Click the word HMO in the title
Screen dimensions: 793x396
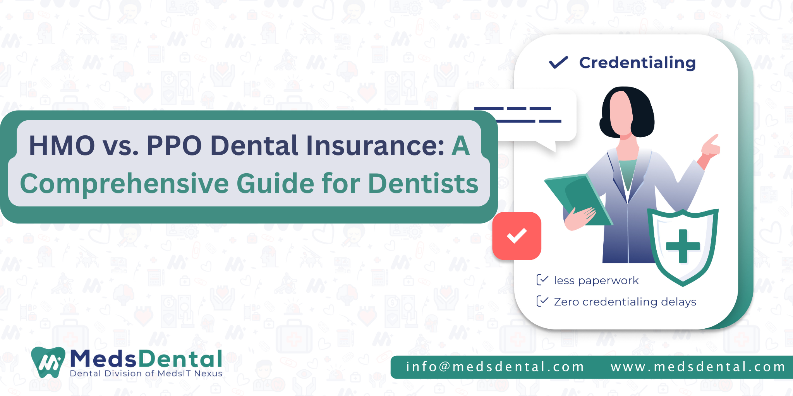[x=62, y=146]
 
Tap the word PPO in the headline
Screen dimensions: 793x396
[x=174, y=146]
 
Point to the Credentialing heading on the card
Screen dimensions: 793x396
[x=637, y=63]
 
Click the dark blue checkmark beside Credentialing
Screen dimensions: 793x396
[x=558, y=62]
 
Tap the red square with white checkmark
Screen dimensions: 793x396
[x=517, y=236]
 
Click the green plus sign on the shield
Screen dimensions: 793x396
[x=683, y=246]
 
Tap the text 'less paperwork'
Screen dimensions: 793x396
[x=596, y=280]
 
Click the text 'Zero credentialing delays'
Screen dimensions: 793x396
[x=625, y=302]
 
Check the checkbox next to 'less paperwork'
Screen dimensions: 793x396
[x=542, y=280]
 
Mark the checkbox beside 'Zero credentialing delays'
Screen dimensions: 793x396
[x=542, y=301]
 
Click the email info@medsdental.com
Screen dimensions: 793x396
[x=495, y=367]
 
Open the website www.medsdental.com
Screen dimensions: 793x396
[x=698, y=367]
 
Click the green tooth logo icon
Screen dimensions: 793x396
[x=48, y=362]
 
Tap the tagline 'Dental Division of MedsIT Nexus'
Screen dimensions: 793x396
[x=146, y=374]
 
